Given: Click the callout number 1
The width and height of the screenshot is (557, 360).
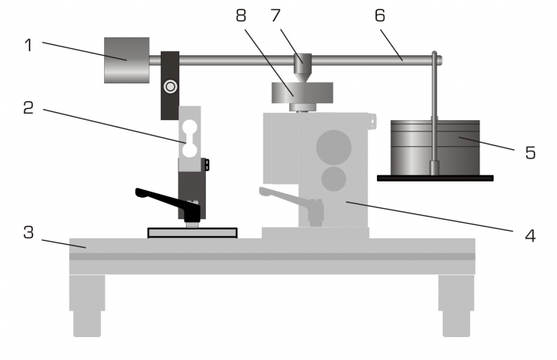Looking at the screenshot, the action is [29, 46].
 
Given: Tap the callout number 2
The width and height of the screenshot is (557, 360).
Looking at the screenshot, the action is [29, 108].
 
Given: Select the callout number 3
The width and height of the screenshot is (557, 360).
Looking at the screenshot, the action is [29, 232].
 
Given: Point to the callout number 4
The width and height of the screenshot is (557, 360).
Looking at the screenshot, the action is [530, 235].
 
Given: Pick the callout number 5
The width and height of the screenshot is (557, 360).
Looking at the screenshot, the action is [530, 153].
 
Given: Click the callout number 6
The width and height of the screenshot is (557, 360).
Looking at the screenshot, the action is [380, 15].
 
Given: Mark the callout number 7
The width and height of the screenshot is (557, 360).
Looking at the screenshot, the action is [275, 15].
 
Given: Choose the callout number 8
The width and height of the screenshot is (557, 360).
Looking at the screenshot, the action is [241, 15].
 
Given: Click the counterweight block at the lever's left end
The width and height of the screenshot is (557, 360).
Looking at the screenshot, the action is [126, 60].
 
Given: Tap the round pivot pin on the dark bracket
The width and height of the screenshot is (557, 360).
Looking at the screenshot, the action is [170, 86].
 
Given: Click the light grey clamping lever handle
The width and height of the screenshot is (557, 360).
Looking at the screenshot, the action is [291, 204].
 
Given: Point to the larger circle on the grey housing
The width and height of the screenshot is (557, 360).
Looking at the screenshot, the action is [334, 147].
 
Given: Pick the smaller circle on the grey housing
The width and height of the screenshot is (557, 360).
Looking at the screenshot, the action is [334, 179].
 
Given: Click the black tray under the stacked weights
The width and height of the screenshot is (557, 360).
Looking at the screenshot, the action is [435, 178].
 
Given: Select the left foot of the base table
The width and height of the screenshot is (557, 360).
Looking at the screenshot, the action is [87, 305].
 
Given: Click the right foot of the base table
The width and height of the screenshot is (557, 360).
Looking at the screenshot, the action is [457, 305].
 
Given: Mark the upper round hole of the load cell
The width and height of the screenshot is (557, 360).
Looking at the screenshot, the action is [190, 127].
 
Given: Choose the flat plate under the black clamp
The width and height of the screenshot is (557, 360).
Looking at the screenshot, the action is [193, 233].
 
